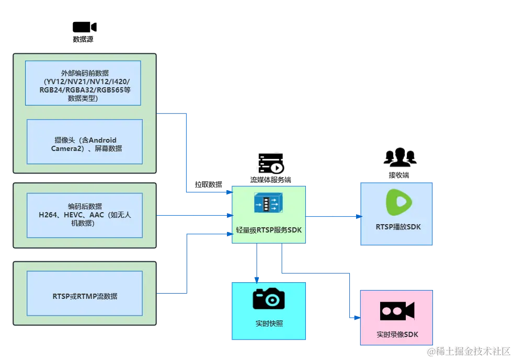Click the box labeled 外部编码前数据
83,83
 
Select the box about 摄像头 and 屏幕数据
85,142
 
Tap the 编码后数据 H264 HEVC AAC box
85,215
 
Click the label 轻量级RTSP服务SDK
269,230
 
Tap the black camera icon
269,299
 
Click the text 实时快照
269,323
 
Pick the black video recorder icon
397,311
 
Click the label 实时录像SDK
397,334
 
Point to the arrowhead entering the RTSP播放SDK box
358,215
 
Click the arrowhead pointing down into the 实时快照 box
256,278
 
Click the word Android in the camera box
102,140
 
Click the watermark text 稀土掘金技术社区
468,351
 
